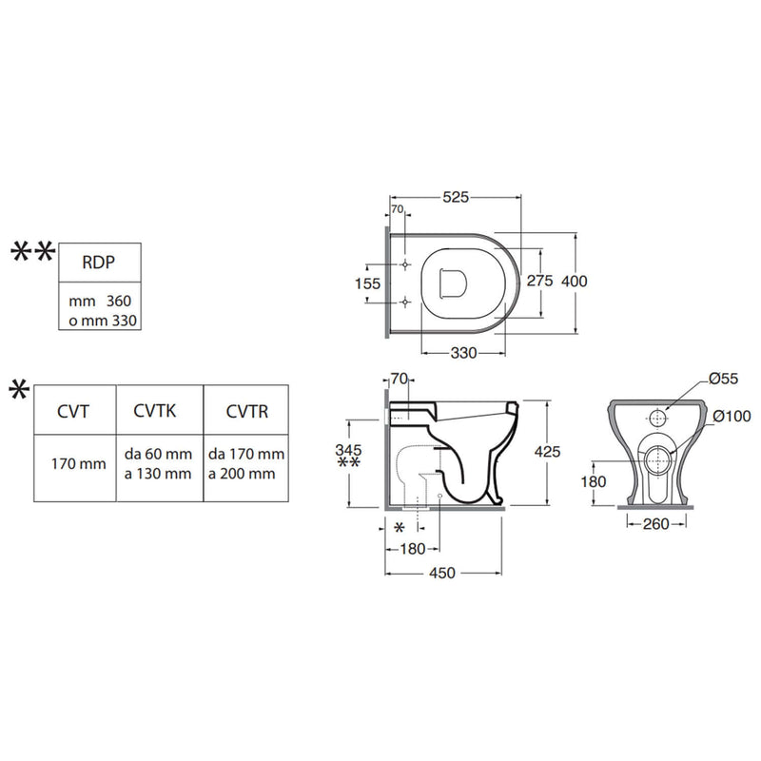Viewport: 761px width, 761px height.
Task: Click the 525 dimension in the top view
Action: click(x=456, y=197)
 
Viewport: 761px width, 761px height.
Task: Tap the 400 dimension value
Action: click(x=575, y=281)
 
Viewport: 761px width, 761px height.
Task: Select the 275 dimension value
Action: click(x=539, y=281)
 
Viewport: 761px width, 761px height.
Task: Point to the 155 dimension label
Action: click(x=367, y=283)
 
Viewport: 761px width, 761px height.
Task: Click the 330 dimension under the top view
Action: click(x=463, y=353)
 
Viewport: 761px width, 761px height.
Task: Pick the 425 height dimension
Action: click(x=547, y=452)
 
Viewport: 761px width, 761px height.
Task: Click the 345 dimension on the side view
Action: click(x=348, y=449)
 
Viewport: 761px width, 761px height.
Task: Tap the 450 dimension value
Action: click(x=442, y=574)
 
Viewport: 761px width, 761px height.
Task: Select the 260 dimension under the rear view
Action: click(x=655, y=524)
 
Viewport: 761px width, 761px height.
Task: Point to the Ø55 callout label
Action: click(x=723, y=379)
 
